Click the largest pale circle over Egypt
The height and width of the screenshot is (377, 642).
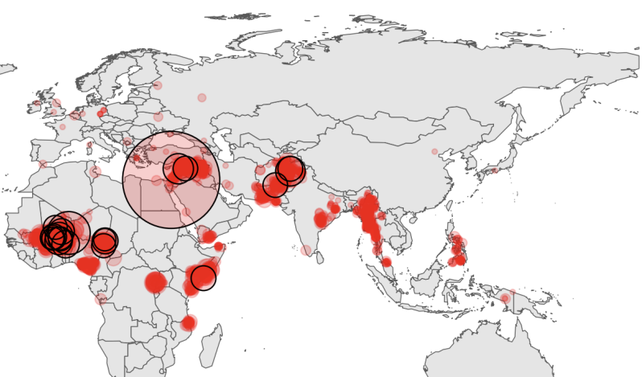click(x=171, y=179)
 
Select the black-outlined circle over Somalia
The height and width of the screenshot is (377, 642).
click(x=204, y=277)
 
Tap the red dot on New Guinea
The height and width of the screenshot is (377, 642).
click(x=504, y=298)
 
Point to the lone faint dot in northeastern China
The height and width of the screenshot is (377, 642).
click(x=434, y=152)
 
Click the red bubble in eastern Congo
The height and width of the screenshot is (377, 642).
click(x=155, y=282)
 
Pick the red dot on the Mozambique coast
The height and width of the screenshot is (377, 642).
click(x=188, y=323)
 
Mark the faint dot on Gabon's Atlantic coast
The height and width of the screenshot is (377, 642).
click(x=101, y=299)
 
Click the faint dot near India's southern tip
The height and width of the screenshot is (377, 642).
click(x=306, y=251)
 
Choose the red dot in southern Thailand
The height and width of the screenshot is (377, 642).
click(x=386, y=262)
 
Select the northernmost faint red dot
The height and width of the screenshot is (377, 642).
click(x=158, y=85)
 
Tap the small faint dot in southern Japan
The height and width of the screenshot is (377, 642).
click(x=494, y=170)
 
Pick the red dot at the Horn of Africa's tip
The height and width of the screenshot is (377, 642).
click(x=219, y=246)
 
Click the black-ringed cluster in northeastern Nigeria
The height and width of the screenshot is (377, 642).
click(x=105, y=241)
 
